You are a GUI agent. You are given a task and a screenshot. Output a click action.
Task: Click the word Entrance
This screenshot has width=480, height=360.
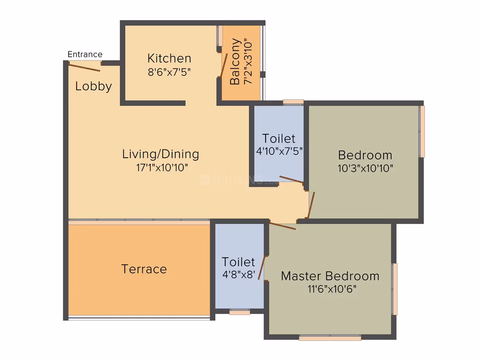85,55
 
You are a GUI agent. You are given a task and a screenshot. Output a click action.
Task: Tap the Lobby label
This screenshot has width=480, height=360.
94,86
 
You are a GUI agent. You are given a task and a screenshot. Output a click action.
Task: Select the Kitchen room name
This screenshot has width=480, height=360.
169,58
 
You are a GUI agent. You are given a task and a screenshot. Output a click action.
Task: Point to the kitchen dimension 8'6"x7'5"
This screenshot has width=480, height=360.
169,72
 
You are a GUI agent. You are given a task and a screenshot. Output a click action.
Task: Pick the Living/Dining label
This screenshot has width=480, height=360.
161,154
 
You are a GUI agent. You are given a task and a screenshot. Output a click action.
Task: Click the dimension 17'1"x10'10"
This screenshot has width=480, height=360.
162,168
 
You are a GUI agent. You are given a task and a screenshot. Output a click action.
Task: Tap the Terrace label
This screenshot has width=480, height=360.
144,269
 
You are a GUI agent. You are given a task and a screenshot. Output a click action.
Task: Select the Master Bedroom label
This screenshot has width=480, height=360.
330,276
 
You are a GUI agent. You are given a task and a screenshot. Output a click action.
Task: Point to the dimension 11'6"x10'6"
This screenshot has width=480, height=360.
332,289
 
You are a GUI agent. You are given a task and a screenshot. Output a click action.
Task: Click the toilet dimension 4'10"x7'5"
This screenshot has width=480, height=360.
279,151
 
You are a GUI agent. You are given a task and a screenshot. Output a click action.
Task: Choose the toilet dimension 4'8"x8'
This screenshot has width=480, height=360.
239,275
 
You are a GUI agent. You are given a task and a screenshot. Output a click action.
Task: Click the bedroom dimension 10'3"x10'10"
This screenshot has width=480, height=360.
365,168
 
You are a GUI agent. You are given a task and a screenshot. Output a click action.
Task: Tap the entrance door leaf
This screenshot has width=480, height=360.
84,67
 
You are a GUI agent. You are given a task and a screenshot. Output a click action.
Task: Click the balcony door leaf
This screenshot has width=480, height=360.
224,65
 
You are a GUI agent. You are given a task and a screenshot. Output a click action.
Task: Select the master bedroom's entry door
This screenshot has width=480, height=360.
283,226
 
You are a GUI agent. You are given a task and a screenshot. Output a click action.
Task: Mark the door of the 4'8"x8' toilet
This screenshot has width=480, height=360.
262,268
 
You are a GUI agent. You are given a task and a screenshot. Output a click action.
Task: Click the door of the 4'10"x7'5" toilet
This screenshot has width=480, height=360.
291,180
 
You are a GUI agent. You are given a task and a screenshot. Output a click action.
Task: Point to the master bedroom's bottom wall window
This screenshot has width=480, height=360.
330,338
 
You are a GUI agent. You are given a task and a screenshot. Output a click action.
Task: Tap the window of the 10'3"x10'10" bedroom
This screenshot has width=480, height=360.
422,131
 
